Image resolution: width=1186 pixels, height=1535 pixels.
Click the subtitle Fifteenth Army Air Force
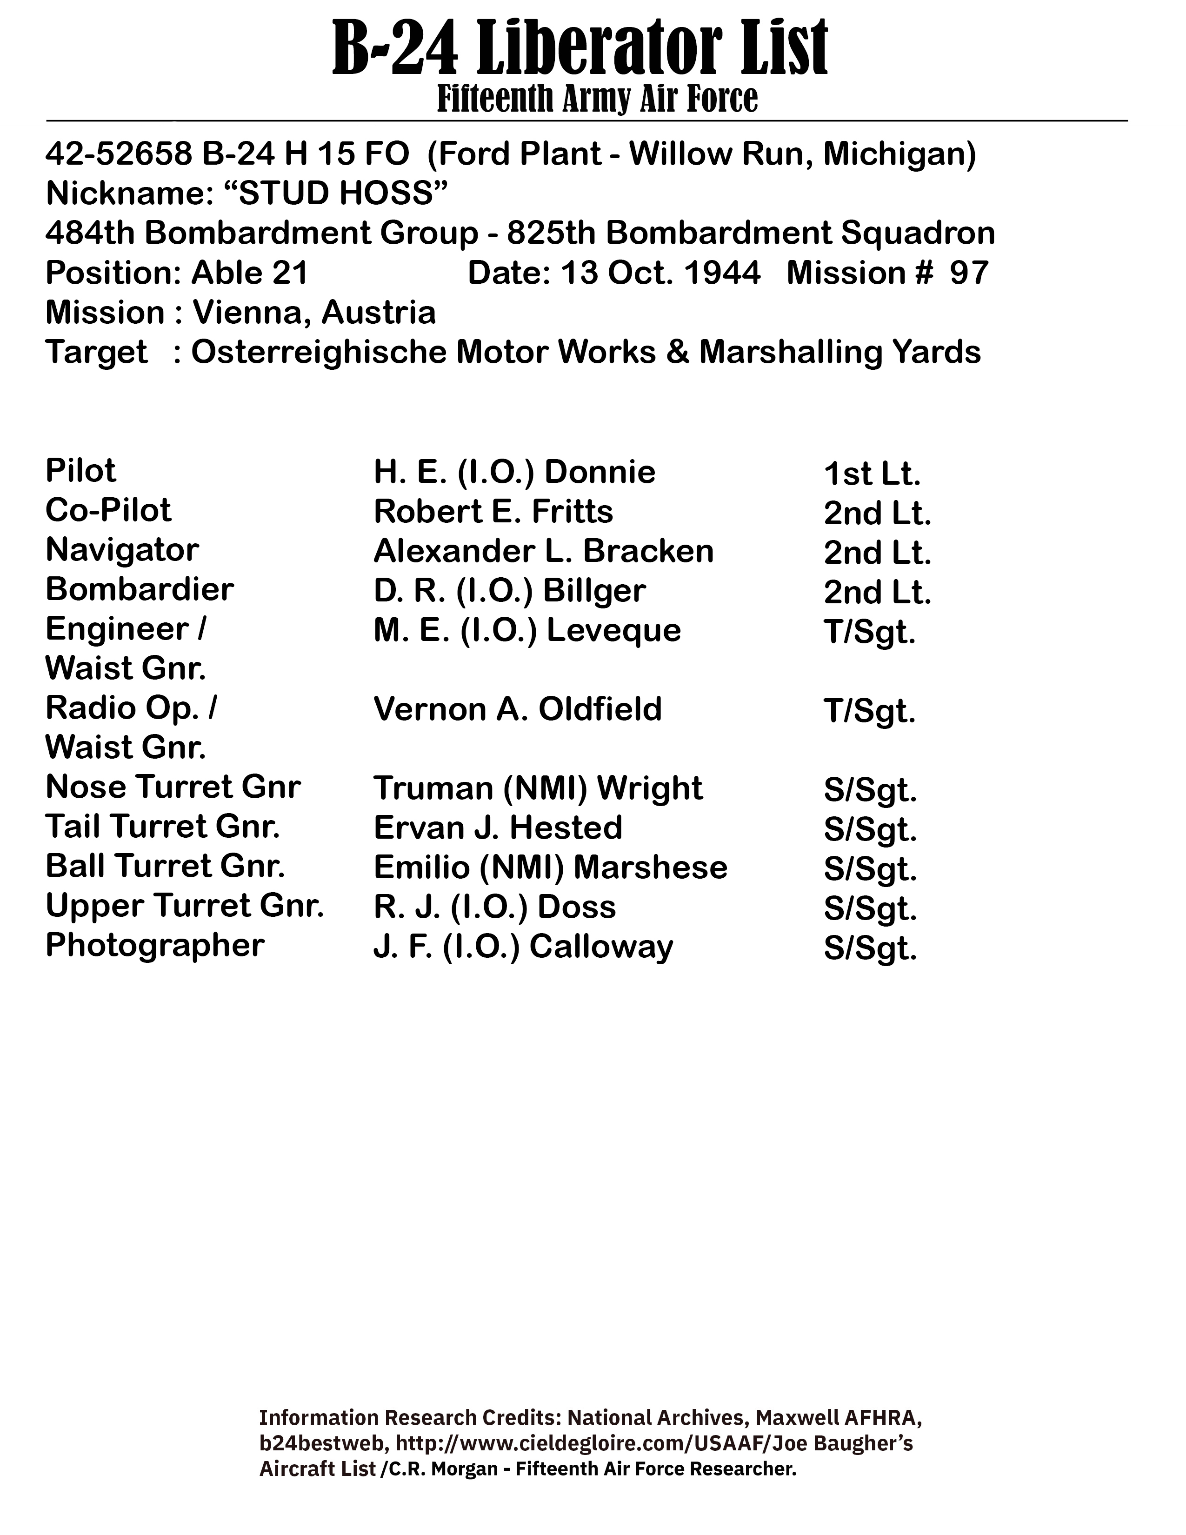597,99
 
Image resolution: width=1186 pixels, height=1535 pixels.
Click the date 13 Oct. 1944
660,273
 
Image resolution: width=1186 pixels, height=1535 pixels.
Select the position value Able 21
249,273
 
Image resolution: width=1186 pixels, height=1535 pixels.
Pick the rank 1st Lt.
871,474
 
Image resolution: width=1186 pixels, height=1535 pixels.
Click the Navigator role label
122,550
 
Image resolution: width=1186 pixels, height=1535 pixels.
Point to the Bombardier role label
139,590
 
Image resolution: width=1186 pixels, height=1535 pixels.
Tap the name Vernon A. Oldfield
518,709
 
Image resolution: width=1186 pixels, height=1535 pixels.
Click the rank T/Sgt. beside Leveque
870,632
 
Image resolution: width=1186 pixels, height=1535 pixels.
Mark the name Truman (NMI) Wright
538,788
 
